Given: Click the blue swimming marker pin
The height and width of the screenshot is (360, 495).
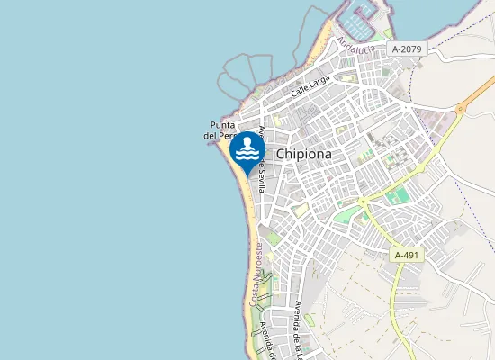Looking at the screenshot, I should pos(247,150).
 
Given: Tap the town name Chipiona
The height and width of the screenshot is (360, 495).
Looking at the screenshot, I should pos(303,154).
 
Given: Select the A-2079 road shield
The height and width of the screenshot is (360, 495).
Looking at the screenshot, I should pos(408,47).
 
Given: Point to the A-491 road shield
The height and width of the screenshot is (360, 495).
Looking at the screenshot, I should pos(407,256).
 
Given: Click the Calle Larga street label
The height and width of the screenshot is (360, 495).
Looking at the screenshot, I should pos(310,85).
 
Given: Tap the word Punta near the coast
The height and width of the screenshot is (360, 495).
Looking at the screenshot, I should pos(222,125).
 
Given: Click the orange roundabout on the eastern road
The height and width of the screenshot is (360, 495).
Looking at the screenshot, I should pos(461,108).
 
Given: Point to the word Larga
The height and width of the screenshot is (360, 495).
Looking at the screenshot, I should pos(319,81).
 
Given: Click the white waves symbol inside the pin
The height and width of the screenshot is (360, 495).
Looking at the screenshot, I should pos(247,155).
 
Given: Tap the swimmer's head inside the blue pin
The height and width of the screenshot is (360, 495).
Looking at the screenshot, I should pos(247,142).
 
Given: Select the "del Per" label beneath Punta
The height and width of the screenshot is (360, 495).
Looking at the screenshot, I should pos(220,136).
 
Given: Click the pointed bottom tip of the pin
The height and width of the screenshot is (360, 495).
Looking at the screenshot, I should pos(247,172).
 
